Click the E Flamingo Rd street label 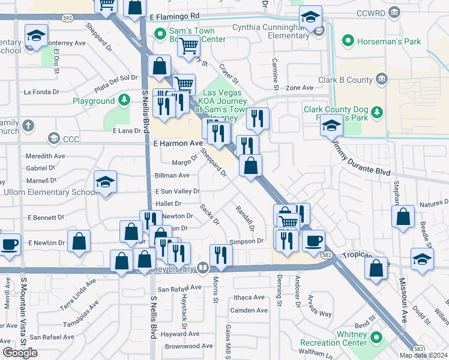175,16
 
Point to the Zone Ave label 300,88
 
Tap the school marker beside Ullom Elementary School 105,182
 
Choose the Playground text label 94,101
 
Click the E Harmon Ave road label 178,144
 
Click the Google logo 20,353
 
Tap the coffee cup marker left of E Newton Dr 9,243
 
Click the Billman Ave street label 172,176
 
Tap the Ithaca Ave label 249,298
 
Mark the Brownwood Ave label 188,346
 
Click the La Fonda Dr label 41,92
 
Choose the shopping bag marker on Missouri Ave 403,216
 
